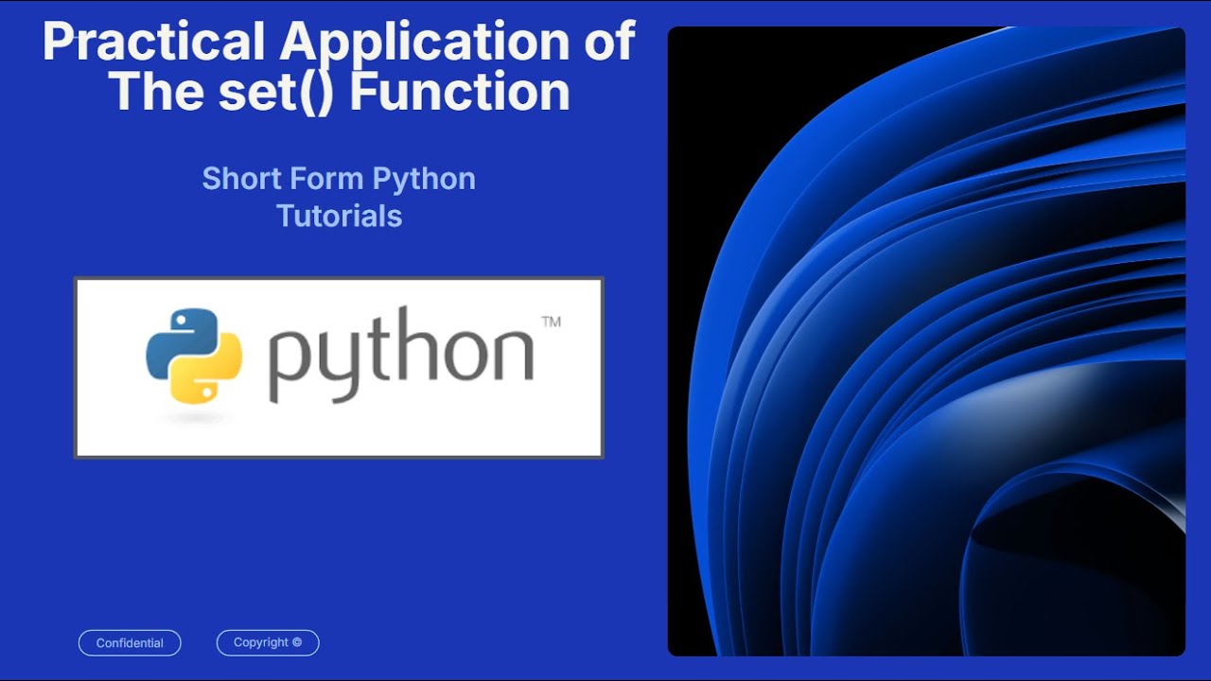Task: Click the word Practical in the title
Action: coord(153,44)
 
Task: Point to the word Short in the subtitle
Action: coord(233,178)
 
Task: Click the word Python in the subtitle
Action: coord(423,179)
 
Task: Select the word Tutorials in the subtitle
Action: coord(339,216)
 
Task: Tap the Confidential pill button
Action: coord(130,643)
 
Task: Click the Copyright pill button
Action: coord(268,643)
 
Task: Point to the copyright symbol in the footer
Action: coord(297,642)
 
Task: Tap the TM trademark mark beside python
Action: coord(551,323)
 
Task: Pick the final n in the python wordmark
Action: coord(512,354)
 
